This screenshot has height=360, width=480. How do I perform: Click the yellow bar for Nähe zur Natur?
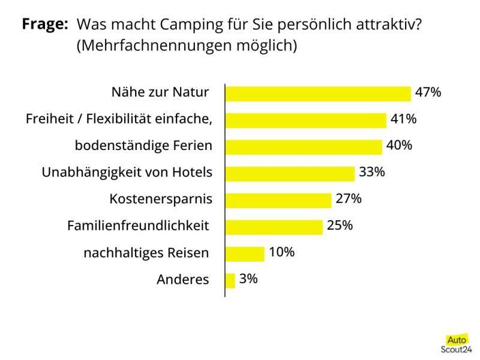318,94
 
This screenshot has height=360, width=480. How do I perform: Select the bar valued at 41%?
305,120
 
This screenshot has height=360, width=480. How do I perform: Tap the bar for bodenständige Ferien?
304,147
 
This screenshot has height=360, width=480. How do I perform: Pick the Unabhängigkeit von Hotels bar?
290,173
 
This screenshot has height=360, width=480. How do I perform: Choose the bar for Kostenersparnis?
278,200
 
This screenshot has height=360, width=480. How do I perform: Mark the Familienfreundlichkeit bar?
274,227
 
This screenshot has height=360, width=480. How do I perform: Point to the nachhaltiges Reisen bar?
245,254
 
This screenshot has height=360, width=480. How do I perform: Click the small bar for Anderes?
230,280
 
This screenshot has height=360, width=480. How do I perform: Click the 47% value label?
428,92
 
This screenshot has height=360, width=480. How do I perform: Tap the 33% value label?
371,172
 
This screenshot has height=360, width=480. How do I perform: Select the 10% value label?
281,252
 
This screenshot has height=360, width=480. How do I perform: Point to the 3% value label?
248,279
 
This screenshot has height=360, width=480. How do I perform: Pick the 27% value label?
349,199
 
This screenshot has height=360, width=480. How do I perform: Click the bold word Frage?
44,25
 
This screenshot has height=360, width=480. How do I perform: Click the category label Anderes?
183,280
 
